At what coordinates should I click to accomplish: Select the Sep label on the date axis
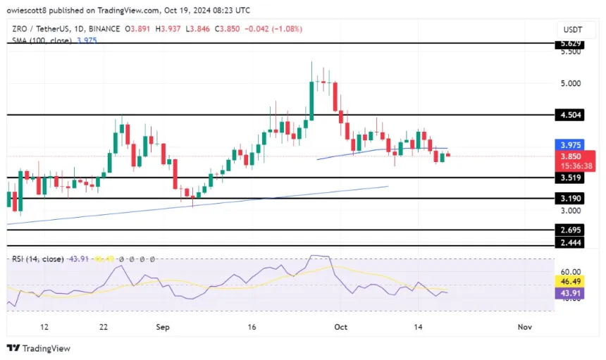163,327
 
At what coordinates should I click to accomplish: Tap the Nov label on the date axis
524,327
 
